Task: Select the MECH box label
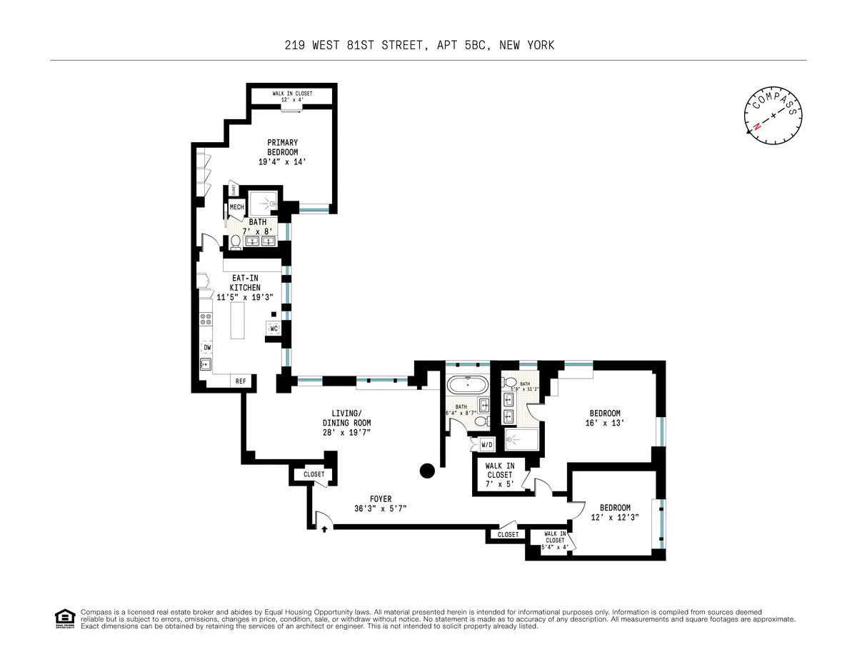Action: coord(237,207)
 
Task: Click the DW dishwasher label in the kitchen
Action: coord(207,348)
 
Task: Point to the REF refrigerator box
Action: coord(241,382)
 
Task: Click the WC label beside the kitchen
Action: coord(274,329)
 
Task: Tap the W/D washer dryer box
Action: coord(487,445)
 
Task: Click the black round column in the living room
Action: coord(427,470)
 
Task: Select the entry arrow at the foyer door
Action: coord(325,529)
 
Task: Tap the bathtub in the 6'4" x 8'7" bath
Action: coord(467,386)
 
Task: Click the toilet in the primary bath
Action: coord(235,242)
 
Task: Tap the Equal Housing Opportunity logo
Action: coord(65,618)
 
